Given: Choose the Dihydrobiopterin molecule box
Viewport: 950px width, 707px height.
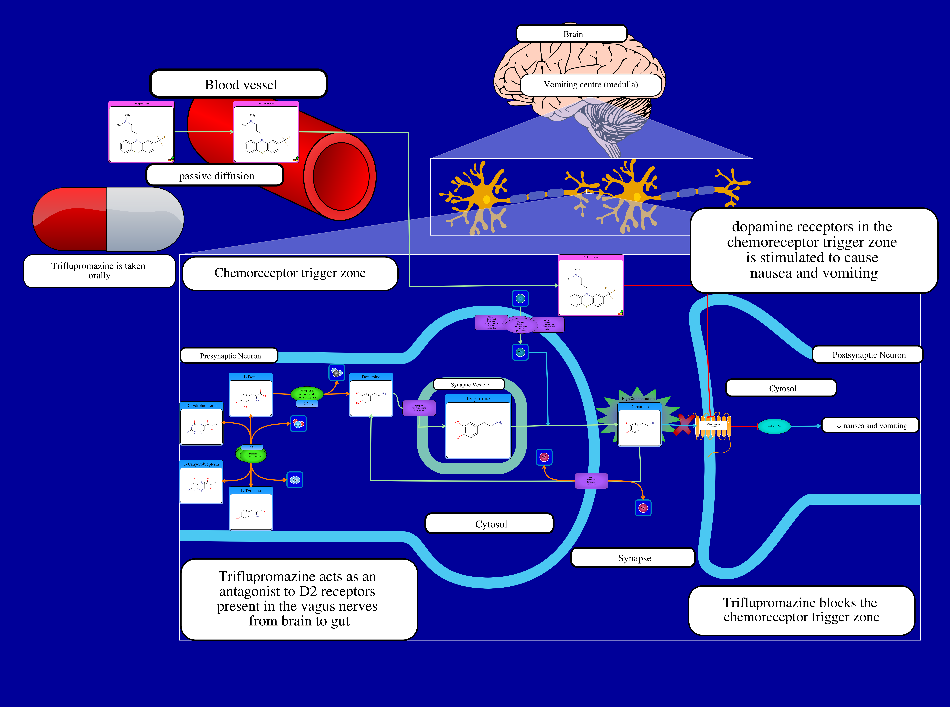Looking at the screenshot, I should pos(201,424).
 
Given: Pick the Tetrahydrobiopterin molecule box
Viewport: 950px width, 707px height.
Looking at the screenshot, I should pos(201,482).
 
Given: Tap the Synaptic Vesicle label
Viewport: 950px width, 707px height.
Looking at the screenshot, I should pos(469,384).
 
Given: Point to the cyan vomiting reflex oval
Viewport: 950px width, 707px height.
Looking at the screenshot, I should pos(774,426).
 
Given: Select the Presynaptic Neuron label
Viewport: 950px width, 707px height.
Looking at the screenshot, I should pos(230,356).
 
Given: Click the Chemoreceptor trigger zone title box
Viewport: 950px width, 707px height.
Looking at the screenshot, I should pos(290,273).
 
